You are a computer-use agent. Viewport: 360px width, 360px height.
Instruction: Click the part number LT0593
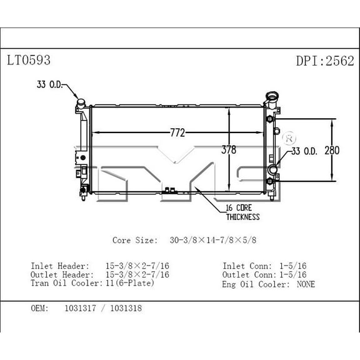point(28,61)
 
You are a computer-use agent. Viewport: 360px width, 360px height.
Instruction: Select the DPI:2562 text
point(324,61)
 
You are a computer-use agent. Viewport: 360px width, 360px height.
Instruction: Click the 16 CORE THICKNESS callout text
point(242,212)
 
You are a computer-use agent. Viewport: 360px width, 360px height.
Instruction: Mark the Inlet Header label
point(60,266)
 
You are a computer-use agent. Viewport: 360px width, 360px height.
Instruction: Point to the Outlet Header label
point(62,274)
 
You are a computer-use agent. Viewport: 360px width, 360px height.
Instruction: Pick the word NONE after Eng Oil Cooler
point(306,284)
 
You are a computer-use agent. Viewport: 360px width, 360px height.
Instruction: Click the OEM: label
point(40,308)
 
